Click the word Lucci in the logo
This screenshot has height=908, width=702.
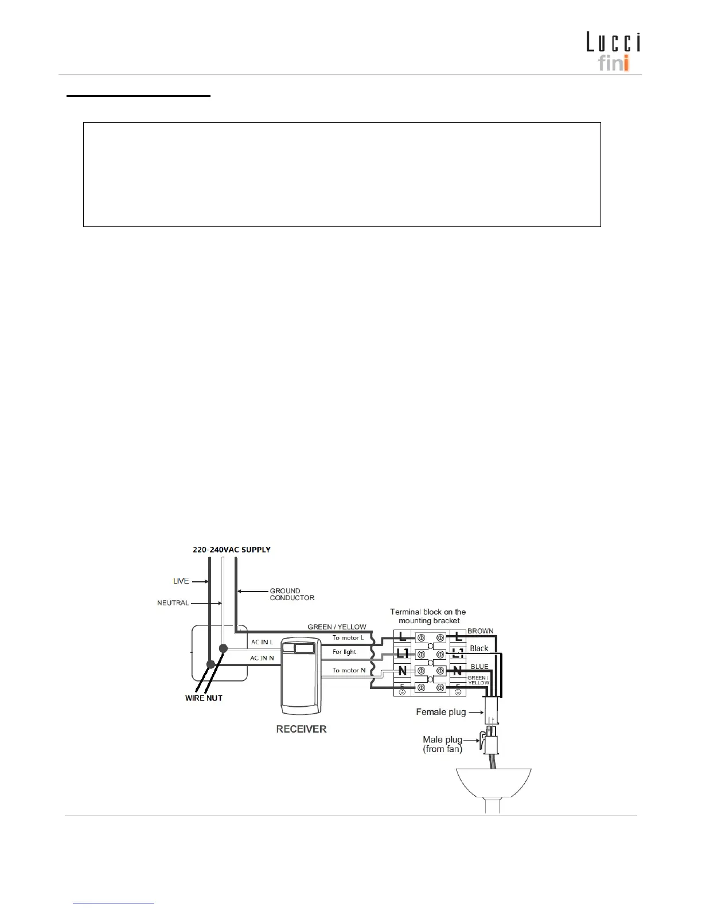tap(613, 42)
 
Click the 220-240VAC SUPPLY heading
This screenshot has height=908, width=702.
tap(231, 549)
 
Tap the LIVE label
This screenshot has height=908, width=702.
tap(181, 581)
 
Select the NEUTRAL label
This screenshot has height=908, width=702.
tap(173, 602)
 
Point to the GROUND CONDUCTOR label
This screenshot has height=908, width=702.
tap(292, 594)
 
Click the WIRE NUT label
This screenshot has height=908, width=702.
tap(204, 698)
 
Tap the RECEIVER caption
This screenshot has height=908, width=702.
tap(301, 729)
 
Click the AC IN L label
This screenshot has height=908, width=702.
tap(262, 642)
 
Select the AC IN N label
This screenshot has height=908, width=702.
tap(262, 658)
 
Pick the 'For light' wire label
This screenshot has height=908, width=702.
tap(344, 652)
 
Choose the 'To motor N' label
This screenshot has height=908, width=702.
tap(349, 670)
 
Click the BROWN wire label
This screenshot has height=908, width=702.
tap(480, 631)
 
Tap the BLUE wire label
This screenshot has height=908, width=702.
tap(479, 666)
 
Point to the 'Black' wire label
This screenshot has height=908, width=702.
tap(479, 648)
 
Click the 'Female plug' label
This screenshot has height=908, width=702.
tap(440, 712)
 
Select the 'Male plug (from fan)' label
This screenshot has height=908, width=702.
tap(442, 744)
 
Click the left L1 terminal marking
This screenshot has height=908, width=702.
tap(403, 653)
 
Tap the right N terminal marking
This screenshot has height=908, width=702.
tap(457, 671)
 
